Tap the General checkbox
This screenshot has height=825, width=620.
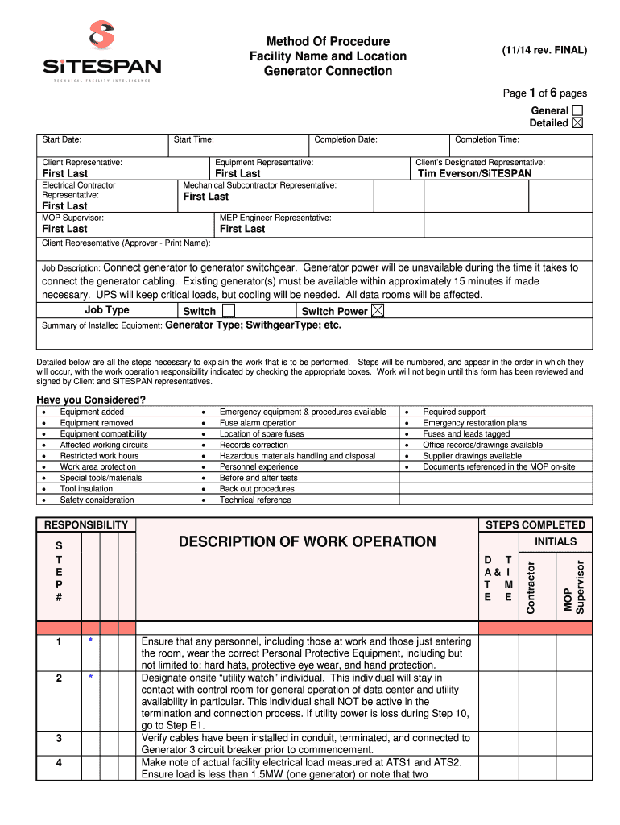(x=577, y=110)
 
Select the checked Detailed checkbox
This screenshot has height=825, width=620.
(x=577, y=123)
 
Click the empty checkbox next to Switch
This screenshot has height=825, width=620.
(x=229, y=310)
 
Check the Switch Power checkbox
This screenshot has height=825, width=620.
(x=378, y=310)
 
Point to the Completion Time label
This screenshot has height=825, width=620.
(x=486, y=140)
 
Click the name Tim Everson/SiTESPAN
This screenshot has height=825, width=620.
(x=475, y=173)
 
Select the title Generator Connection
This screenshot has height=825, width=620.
(x=328, y=71)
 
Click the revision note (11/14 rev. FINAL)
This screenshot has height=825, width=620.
(x=544, y=50)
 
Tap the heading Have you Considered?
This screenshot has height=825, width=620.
(x=91, y=400)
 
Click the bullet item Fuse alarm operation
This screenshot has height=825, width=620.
(x=258, y=423)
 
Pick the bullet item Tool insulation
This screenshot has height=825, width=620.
(x=86, y=488)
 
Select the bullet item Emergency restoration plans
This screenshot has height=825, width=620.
(x=474, y=423)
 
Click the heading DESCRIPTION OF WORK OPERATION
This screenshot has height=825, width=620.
(x=308, y=541)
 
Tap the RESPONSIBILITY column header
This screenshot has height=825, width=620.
(x=86, y=524)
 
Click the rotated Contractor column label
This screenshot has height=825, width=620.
(x=531, y=587)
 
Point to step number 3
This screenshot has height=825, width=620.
(x=59, y=738)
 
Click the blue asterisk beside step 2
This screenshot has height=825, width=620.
(x=91, y=678)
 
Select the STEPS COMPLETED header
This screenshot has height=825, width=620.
(x=535, y=524)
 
